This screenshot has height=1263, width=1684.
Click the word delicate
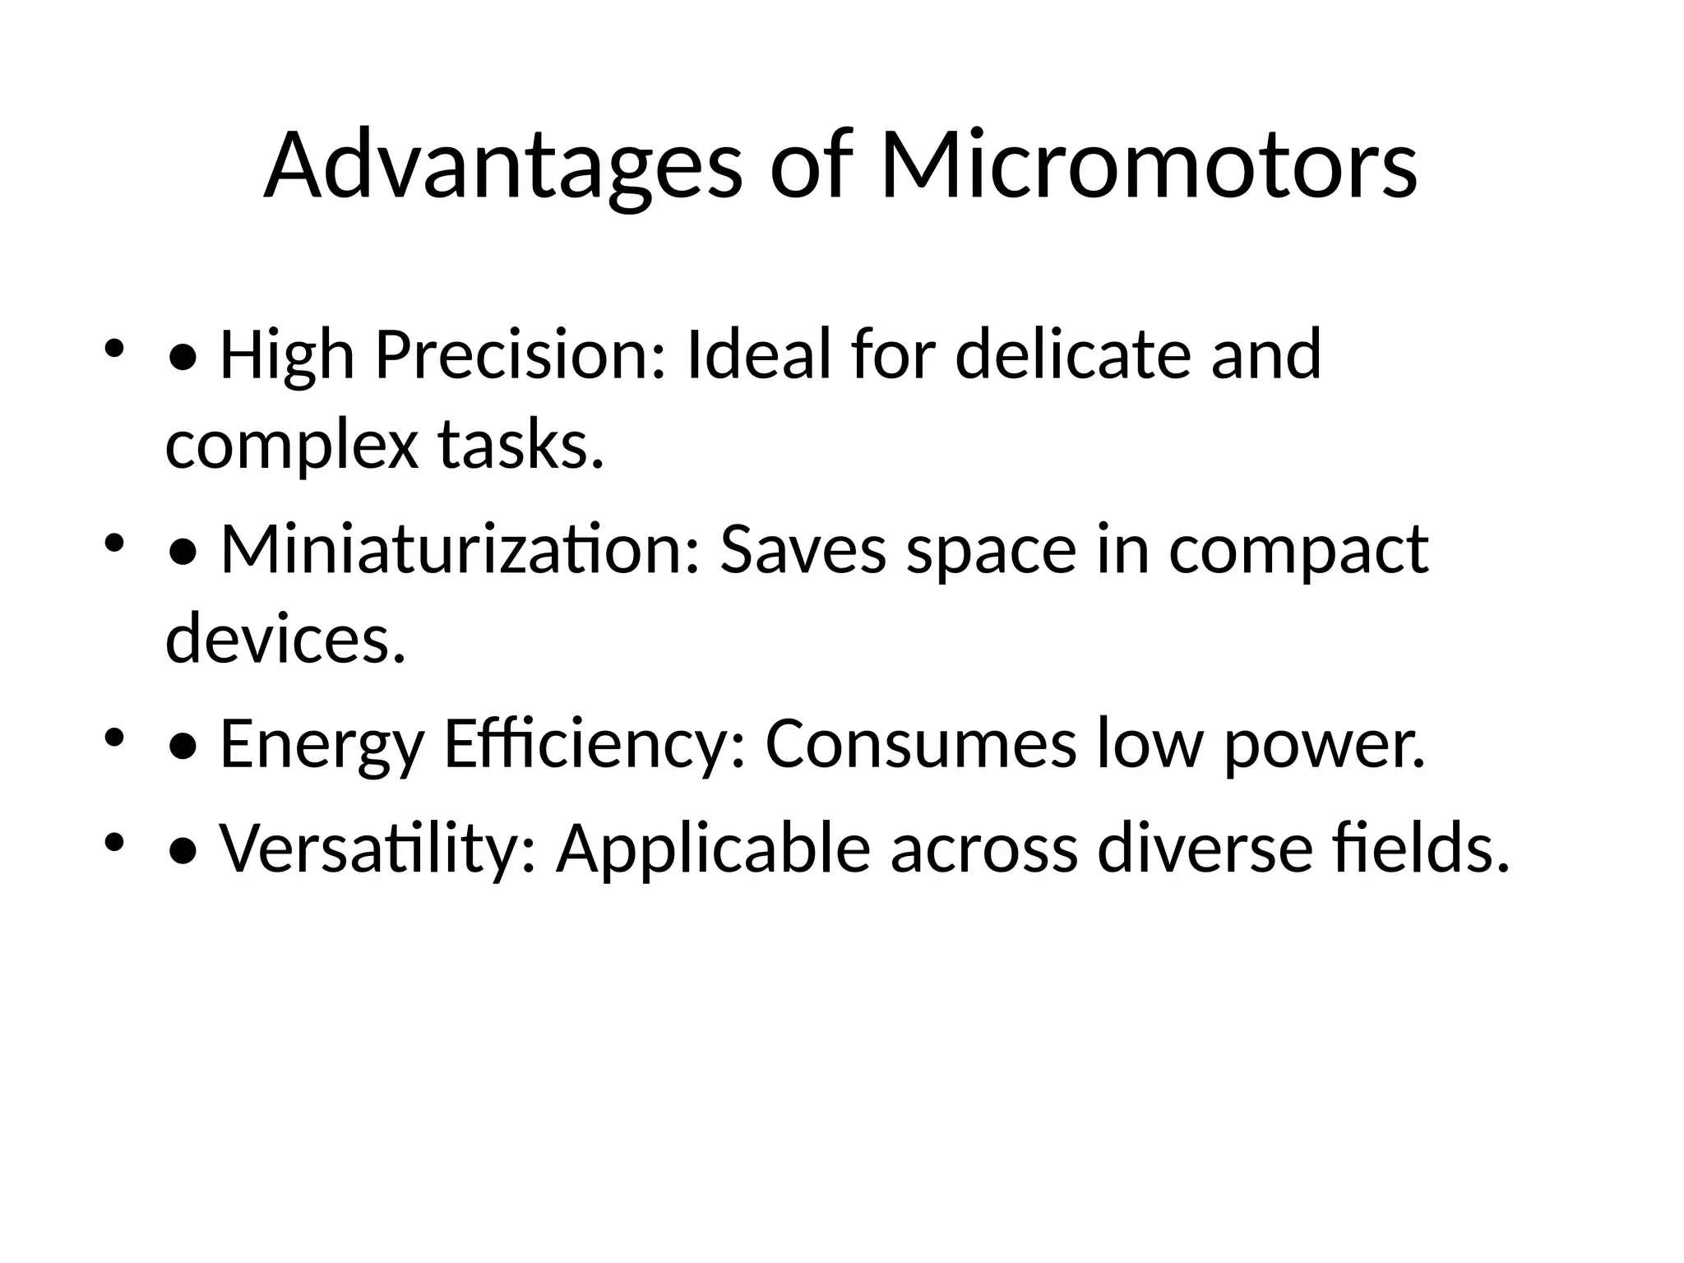click(x=1072, y=355)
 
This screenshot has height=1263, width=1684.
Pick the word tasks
click(x=520, y=446)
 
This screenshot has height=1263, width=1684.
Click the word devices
click(x=285, y=639)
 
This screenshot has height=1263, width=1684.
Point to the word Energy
click(x=322, y=745)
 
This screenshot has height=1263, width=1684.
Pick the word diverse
click(x=1205, y=849)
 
